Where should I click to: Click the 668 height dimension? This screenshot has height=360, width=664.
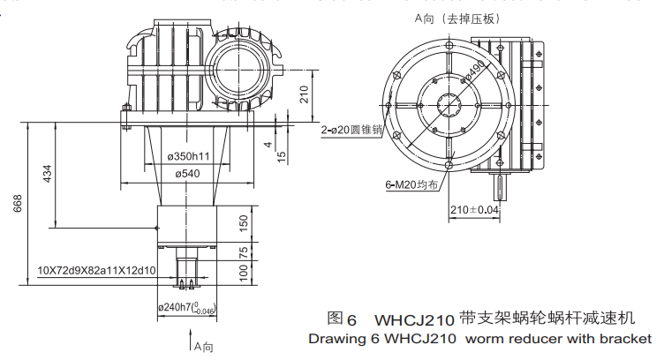17,205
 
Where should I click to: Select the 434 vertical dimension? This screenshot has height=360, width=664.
47,175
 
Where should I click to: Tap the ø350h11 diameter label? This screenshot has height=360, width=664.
188,156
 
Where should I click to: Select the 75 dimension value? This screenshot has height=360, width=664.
244,252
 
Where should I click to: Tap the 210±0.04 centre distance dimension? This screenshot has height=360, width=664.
474,211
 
